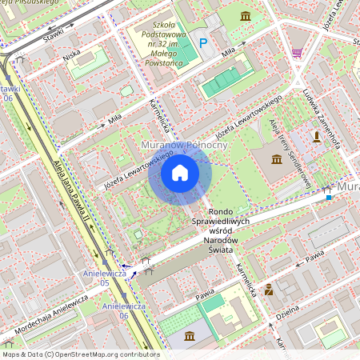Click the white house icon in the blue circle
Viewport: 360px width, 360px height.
click(180, 173)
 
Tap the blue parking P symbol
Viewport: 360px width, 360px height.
click(202, 42)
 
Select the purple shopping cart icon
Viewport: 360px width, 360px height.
click(297, 53)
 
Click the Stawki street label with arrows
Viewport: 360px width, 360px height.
click(55, 34)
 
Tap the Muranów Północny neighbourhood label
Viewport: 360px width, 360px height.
click(184, 145)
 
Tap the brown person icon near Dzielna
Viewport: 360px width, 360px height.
click(269, 289)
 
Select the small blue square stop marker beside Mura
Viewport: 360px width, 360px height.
click(328, 195)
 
